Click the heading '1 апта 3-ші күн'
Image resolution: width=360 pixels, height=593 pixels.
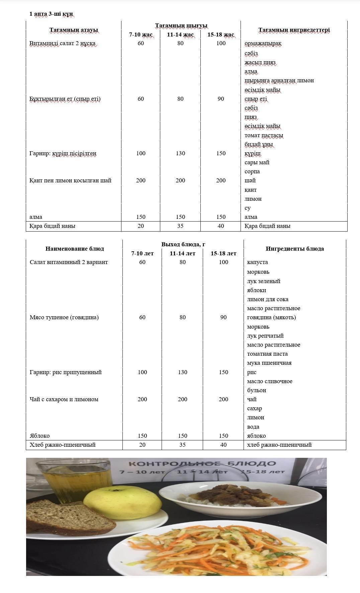pos(51,14)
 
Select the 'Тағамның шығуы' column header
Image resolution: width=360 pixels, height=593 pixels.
pos(181,26)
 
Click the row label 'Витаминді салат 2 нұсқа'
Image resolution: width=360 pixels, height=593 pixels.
pos(63,44)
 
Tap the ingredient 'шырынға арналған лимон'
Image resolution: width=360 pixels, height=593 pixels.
pos(279,80)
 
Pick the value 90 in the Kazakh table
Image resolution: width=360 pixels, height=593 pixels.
pos(221,99)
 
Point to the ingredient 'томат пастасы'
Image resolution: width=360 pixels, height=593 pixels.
pos(264,135)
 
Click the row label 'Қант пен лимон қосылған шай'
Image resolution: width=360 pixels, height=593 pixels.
pos(70,180)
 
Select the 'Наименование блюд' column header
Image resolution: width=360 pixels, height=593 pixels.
pos(75,249)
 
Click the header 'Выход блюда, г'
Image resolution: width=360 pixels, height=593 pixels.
pos(183,244)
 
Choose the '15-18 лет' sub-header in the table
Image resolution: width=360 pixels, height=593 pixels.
pos(223,253)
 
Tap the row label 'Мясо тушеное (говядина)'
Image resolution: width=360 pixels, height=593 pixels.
pos(64,317)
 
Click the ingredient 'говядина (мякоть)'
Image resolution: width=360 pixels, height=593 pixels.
pos(271,317)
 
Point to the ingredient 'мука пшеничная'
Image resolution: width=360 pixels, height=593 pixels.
pos(269,363)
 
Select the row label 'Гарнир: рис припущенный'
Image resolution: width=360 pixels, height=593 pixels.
pos(66,372)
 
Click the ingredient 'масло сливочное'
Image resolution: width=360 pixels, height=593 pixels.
pos(270,381)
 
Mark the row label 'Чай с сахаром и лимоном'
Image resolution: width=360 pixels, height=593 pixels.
pos(64,399)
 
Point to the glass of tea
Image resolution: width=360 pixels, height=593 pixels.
pos(77,479)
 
